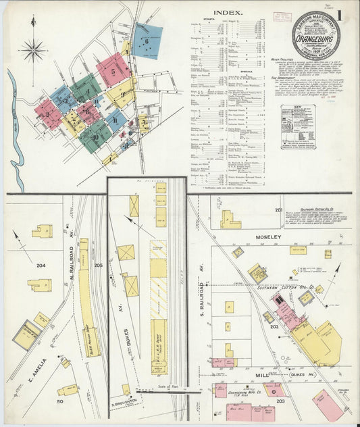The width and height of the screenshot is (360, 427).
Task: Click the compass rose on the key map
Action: (32, 49)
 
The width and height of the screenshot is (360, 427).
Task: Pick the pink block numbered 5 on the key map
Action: (113, 70)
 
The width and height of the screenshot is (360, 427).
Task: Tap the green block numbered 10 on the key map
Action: (95, 136)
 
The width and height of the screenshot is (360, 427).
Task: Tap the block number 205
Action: (98, 266)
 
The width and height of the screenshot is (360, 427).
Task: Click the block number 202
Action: (275, 327)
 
